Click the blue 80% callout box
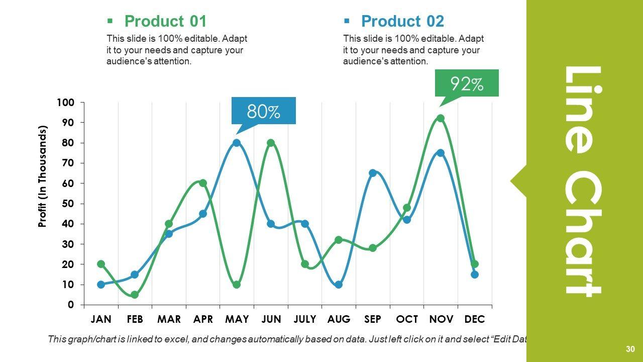coord(263,111)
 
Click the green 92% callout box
coord(467,83)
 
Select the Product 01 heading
coord(165,21)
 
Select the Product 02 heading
coord(402,21)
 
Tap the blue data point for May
coord(237,143)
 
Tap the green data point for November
coord(441,119)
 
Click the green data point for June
coord(271,143)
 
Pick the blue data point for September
coord(373,173)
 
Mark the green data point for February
coord(135,295)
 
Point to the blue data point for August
coord(339,285)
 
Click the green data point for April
coord(203,183)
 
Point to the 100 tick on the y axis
coord(66,103)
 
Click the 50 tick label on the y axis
coord(68,204)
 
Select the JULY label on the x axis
coord(305,319)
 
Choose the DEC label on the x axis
coord(475,319)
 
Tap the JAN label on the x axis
coord(101,319)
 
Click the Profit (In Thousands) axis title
coord(43,176)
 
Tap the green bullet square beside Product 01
coord(110,21)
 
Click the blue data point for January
coord(101,285)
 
